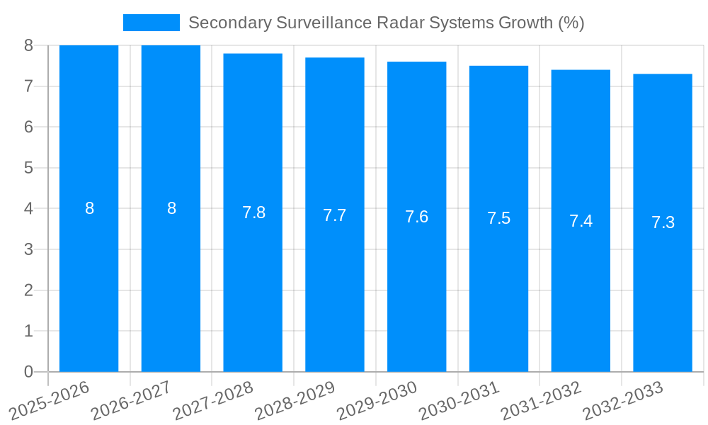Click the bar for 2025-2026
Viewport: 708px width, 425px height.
click(x=88, y=283)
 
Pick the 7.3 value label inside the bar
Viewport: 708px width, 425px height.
click(x=663, y=222)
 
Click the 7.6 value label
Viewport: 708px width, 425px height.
click(x=416, y=217)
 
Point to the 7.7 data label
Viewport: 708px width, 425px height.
click(x=334, y=215)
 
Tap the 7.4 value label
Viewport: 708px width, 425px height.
click(x=581, y=221)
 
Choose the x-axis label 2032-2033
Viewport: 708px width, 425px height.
click(x=622, y=399)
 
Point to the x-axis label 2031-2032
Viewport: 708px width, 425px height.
click(x=540, y=399)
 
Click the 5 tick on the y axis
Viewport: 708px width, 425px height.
click(x=28, y=168)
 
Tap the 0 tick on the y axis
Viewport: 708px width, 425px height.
click(x=28, y=372)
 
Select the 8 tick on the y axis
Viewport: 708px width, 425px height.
click(x=28, y=45)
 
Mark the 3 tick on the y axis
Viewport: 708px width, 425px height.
click(x=28, y=249)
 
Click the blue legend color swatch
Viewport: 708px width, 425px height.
click(x=151, y=23)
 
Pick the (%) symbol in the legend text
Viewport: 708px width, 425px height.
click(x=571, y=23)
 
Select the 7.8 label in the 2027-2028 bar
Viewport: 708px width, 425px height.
click(x=253, y=212)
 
